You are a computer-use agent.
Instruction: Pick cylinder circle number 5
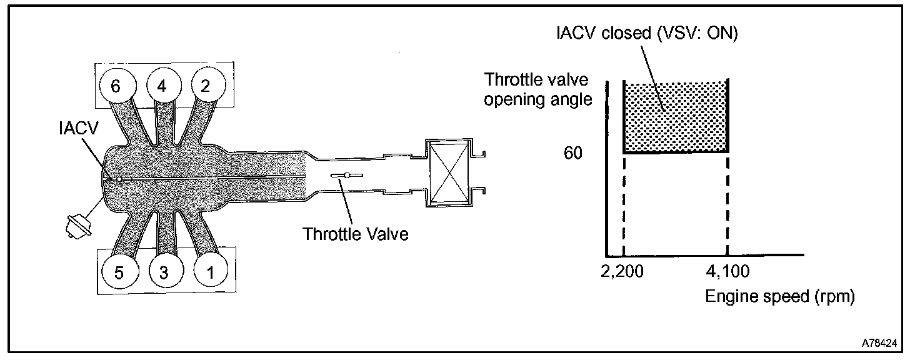[119, 272]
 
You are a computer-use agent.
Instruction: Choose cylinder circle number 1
[210, 272]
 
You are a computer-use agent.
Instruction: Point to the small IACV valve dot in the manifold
[117, 178]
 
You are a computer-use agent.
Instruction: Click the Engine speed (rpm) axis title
[779, 296]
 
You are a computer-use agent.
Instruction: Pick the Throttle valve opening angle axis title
[537, 89]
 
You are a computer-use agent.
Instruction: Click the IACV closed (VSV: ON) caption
[647, 34]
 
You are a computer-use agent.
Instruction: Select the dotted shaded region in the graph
[676, 117]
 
